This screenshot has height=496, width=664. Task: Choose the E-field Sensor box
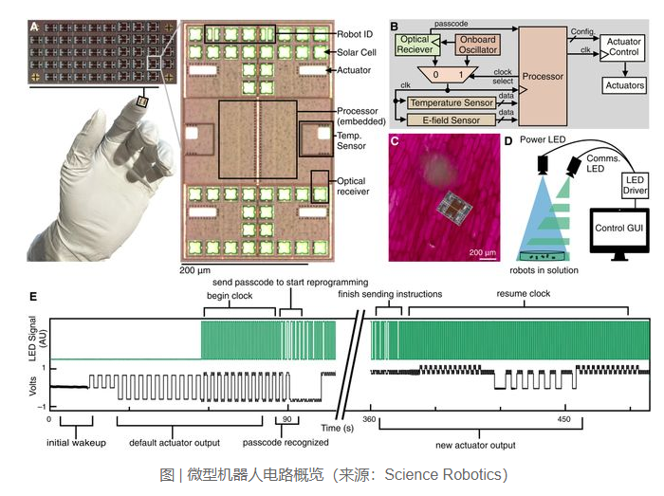(453, 119)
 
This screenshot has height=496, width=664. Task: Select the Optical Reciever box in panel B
(419, 44)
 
